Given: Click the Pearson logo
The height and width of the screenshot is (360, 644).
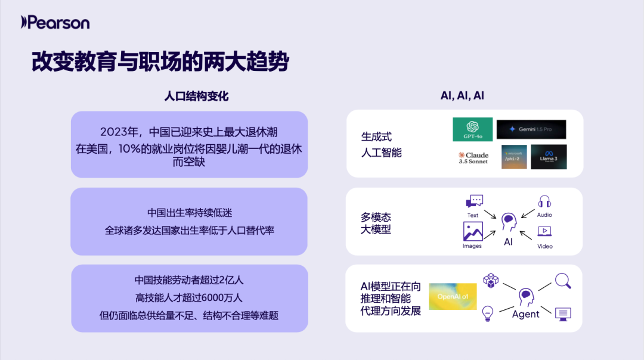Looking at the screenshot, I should pos(55,23).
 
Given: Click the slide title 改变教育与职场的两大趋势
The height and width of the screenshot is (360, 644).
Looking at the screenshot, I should pos(160,61).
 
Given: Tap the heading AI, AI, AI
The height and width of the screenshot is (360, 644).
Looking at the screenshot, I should pos(462,96).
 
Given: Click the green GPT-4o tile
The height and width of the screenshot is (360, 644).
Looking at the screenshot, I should pos(472,129).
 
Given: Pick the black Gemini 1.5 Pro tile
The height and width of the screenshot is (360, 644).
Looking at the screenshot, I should pos(531,129).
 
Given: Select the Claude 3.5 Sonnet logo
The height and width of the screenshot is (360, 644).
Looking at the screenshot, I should pos(473,157).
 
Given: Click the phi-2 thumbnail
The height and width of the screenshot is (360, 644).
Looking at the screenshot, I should pos(514,157).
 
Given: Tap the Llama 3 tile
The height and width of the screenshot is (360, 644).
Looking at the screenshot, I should pos(549,157).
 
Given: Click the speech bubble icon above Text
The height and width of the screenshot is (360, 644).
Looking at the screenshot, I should pos(474,201).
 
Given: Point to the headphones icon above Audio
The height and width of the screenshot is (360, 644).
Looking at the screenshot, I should pos(544,201).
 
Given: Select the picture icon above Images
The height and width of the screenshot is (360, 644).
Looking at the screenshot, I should pos(473,231).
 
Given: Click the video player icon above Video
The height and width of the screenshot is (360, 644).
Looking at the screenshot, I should pos(544,231).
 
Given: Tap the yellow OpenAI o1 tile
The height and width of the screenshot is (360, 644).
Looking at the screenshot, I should pos(453,296).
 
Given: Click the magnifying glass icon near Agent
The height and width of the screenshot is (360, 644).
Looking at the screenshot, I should pos(563,280).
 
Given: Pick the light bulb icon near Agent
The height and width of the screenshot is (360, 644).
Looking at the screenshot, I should pos(488,312).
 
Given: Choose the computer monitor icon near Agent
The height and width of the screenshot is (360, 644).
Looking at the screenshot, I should pos(562,313).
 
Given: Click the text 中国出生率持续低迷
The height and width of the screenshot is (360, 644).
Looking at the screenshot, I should pos(190,213).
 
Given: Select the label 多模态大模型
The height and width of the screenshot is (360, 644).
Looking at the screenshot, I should pos(376,223).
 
